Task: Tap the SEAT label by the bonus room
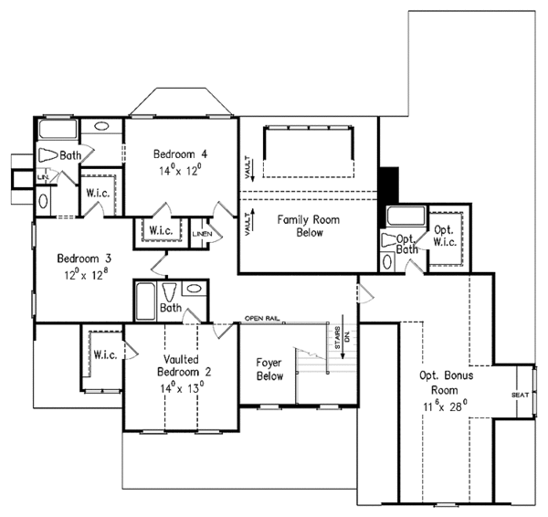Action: pos(520,395)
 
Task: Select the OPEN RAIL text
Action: pos(263,319)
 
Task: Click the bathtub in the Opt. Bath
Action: pos(403,217)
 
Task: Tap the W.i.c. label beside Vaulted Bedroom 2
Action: pos(102,353)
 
